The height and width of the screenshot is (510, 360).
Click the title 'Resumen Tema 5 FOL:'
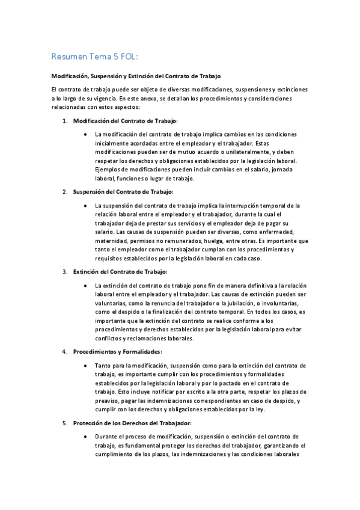95,57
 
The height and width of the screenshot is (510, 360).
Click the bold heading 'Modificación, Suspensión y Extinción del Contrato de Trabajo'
136,76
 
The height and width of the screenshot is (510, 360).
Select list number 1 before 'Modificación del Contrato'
65,121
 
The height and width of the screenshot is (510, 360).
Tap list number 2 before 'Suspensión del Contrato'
65,192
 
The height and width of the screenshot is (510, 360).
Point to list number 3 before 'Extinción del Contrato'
65,272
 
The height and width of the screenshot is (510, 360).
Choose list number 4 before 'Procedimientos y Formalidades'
65,351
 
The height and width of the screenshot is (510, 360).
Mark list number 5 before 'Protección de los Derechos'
65,423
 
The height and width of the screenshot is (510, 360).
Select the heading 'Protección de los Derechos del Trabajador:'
132,423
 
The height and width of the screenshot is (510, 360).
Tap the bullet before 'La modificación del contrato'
88,134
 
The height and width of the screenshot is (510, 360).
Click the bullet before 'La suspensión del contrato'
88,205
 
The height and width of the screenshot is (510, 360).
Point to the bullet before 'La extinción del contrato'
88,285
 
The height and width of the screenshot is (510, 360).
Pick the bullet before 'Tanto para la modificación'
88,365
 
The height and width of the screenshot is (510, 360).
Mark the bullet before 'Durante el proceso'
88,436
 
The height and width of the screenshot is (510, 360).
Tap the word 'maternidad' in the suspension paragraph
112,241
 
